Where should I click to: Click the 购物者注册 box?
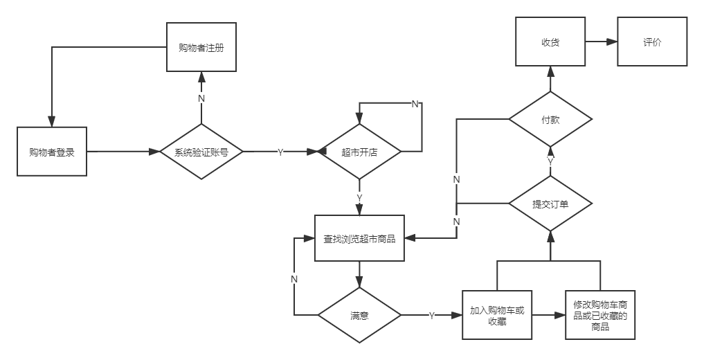coord(201,47)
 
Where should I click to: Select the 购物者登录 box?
coord(52,152)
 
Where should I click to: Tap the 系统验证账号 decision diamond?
coord(201,152)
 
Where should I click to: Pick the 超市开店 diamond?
coord(359,152)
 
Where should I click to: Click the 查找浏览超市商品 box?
coord(359,238)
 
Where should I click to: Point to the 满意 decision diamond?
coord(359,315)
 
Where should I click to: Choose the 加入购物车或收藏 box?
coord(497,315)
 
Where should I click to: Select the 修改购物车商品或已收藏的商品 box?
coord(600,315)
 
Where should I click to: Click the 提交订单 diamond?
coord(550,204)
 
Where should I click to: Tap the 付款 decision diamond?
coord(550,119)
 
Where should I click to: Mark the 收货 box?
coord(550,42)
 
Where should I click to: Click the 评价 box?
coord(651,42)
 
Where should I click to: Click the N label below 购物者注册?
coord(201,98)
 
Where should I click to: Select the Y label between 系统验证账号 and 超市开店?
coord(280,152)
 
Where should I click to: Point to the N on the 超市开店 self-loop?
coord(415,104)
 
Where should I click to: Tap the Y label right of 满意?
coord(431,316)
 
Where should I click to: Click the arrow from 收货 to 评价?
coord(601,42)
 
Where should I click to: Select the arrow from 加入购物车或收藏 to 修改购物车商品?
coord(548,315)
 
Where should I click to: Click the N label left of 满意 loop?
coord(294,278)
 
